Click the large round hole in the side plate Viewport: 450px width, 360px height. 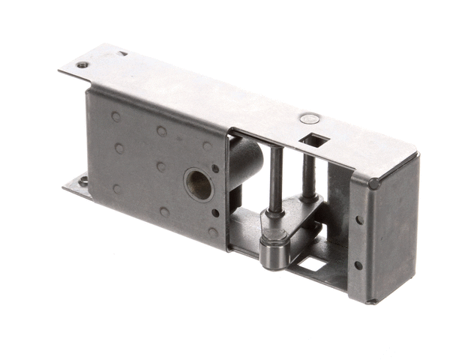[198, 184]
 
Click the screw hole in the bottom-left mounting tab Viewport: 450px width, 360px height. [82, 181]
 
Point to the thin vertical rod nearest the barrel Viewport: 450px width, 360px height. [275, 180]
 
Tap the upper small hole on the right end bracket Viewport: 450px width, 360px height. [358, 220]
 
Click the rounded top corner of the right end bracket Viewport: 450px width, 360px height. [373, 182]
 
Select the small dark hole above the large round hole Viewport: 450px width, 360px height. [216, 168]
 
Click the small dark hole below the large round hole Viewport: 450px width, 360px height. [216, 213]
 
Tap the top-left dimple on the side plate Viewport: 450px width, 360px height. [115, 117]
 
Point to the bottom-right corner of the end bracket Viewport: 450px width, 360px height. [373, 301]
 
